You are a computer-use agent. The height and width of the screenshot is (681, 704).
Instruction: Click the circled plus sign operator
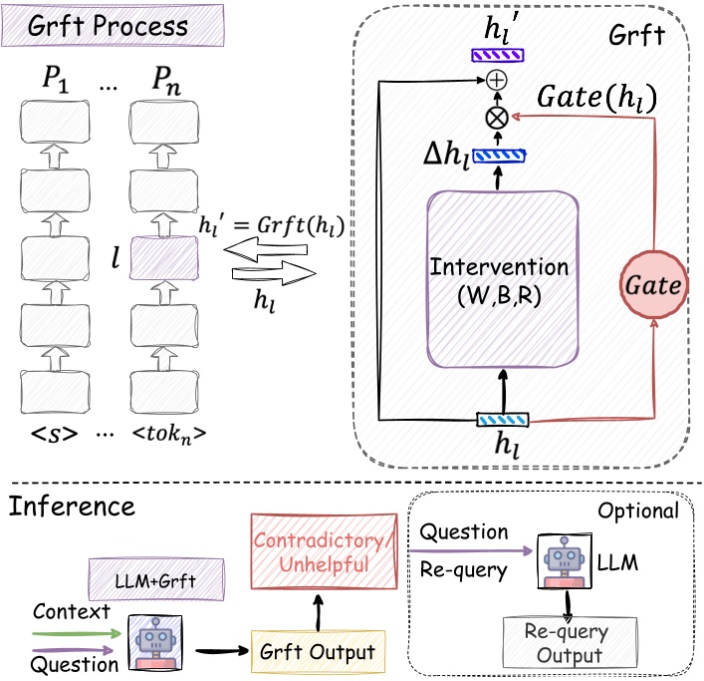494,78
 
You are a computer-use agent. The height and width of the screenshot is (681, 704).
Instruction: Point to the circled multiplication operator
494,118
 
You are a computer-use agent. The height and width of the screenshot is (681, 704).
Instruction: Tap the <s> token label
56,438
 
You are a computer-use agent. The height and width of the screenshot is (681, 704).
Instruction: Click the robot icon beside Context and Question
152,640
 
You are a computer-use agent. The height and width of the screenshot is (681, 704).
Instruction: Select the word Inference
72,506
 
